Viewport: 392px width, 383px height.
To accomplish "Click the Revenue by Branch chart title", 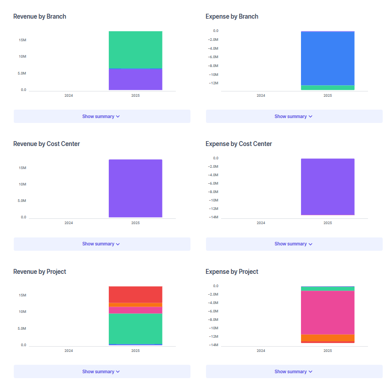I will [x=40, y=16].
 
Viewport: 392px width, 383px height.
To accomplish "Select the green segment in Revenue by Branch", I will [x=135, y=50].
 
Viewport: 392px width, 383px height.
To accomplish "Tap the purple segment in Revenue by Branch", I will [x=135, y=79].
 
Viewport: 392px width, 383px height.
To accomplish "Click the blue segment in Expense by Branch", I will [x=328, y=58].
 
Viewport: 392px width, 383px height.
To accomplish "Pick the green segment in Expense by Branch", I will [x=328, y=87].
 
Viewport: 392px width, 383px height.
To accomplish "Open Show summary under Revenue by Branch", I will [x=101, y=116].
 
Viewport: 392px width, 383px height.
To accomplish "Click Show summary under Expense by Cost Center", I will [x=293, y=244].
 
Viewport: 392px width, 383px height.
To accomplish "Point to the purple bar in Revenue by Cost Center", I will [x=135, y=188].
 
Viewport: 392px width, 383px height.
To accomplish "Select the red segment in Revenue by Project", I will [x=135, y=294].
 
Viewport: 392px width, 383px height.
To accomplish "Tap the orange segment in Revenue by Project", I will [x=135, y=305].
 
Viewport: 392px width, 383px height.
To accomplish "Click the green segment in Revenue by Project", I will [x=135, y=328].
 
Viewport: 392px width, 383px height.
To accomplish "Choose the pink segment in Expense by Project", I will [x=328, y=312].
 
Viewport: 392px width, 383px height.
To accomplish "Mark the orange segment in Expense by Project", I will [x=328, y=338].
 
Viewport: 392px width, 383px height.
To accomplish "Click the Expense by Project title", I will [x=232, y=272].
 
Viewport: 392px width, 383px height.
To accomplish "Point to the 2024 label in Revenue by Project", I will [x=68, y=351].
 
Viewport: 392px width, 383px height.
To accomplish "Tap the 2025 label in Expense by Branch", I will [x=328, y=95].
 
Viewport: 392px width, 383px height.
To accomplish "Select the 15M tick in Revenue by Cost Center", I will [x=22, y=168].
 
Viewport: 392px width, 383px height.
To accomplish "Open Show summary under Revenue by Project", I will [x=101, y=371].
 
